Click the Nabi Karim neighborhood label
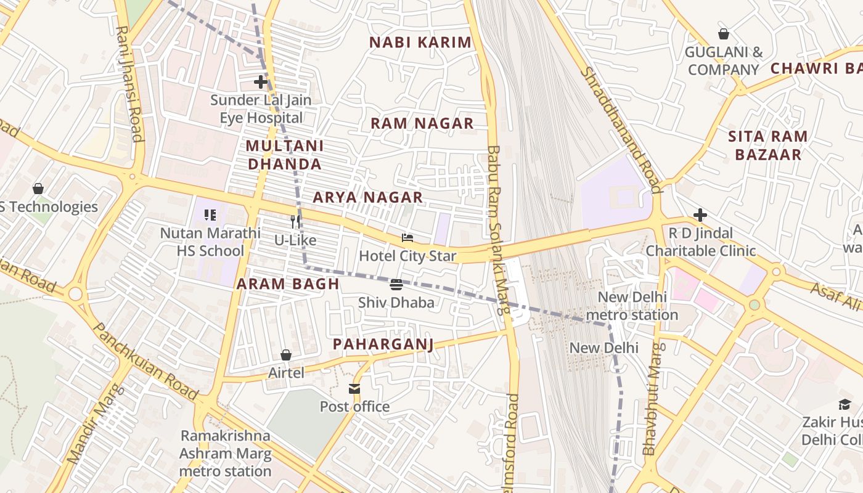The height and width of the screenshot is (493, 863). (420, 43)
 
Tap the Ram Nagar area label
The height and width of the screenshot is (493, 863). (422, 123)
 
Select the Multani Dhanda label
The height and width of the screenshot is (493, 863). (284, 155)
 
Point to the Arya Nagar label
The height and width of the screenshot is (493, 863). (367, 197)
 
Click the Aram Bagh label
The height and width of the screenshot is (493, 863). (288, 284)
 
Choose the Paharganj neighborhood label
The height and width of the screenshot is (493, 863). (383, 344)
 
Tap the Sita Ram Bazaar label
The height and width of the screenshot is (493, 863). (767, 145)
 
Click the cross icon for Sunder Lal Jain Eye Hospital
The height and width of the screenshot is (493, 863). (261, 81)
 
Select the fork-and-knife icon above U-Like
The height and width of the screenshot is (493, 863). (295, 222)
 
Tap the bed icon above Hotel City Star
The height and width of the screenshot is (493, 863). (407, 238)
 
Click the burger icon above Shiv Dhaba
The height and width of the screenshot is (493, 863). (396, 285)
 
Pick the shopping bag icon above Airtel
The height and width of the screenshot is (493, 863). (286, 355)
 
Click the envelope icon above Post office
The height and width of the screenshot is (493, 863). (354, 389)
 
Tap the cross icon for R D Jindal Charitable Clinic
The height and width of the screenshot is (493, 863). (700, 215)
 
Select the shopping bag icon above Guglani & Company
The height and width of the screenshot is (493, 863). (723, 34)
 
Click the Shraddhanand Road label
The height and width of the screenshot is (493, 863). (621, 129)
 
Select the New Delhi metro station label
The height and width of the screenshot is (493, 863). (632, 306)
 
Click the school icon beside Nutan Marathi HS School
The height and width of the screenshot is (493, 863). (210, 215)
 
